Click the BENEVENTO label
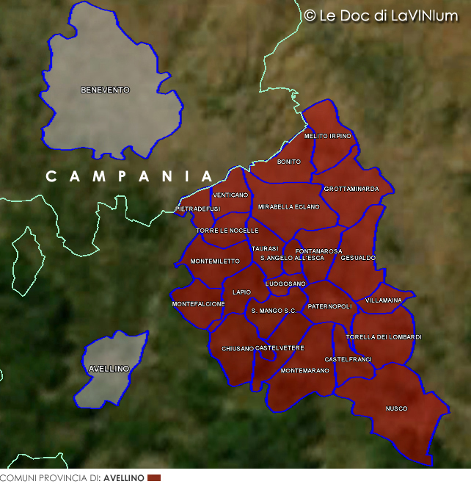point(105,90)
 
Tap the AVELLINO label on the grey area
point(109,368)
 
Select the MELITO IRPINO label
point(328,136)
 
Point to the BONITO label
point(289,162)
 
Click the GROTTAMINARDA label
point(351,189)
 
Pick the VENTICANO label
point(230,195)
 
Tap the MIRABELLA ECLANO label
point(289,207)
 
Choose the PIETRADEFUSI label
point(198,209)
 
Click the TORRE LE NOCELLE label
point(227,231)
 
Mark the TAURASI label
point(265,248)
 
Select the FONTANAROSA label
point(318,251)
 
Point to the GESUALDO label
point(358,258)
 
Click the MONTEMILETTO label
point(215,261)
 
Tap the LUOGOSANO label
point(285,284)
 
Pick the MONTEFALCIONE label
point(198,304)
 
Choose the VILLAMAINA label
point(384,300)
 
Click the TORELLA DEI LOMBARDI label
point(384,337)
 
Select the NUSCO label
point(396,408)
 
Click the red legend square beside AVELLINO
point(153,478)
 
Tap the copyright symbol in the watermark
point(310,15)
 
